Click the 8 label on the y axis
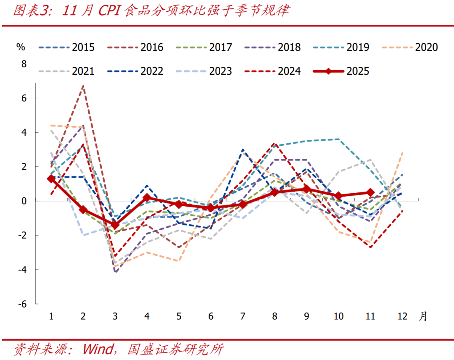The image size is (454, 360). (x=24, y=64)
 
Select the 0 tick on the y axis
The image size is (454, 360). (x=24, y=201)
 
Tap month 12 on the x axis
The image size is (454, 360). (x=402, y=316)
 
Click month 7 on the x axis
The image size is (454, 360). (x=243, y=316)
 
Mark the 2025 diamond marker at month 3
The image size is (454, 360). (x=115, y=225)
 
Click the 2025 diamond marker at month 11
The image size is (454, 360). (x=370, y=192)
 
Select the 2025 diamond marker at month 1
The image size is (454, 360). (x=51, y=179)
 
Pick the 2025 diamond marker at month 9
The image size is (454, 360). (x=306, y=189)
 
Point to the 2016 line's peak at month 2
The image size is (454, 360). (x=83, y=86)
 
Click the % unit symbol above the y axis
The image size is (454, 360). (x=20, y=46)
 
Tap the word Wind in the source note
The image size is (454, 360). (x=98, y=349)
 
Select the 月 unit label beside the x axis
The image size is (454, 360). (x=422, y=316)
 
